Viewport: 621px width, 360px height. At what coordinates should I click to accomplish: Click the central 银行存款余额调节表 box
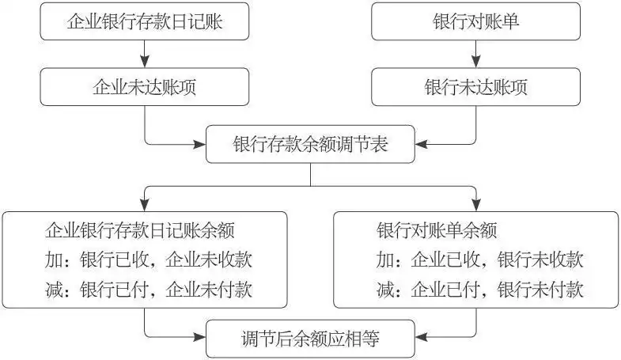tap(310, 145)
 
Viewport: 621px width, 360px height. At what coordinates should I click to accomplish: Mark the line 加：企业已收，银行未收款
tap(480, 260)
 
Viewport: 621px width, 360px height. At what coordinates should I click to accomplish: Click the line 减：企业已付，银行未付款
tap(480, 290)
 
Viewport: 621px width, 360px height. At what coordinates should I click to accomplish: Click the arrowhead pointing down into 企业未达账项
tap(145, 62)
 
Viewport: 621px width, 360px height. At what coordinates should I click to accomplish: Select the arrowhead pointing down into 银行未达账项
tap(476, 62)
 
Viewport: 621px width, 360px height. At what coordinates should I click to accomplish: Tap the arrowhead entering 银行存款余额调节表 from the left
tap(200, 145)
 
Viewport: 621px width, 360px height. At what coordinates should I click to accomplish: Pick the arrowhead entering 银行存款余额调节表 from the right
tap(421, 145)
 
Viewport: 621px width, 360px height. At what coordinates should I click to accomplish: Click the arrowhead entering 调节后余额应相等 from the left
tap(200, 336)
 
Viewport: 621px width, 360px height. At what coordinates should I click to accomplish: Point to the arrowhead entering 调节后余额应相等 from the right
tap(421, 336)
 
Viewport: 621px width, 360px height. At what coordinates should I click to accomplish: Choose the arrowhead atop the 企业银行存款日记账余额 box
tap(145, 205)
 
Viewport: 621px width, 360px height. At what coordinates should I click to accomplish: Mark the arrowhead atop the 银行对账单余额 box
tap(476, 205)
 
